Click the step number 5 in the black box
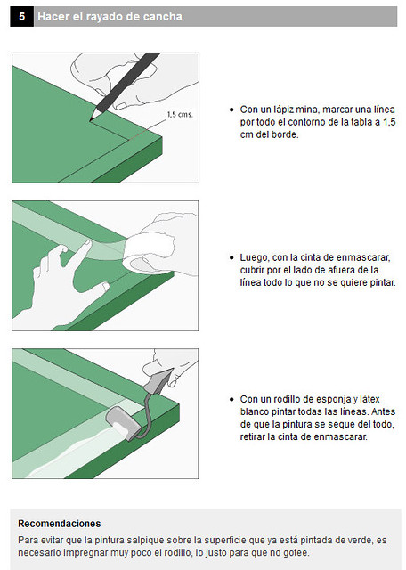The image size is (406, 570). tap(21, 16)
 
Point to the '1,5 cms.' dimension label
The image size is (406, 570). tap(180, 115)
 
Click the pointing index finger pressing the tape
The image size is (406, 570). tap(79, 254)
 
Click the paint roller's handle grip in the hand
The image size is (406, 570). tap(158, 380)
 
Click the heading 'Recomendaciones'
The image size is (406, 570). tap(60, 524)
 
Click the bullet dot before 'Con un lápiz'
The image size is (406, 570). tap(231, 110)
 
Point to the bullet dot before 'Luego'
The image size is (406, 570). tap(231, 257)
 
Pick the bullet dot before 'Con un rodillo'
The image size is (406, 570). tap(231, 399)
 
